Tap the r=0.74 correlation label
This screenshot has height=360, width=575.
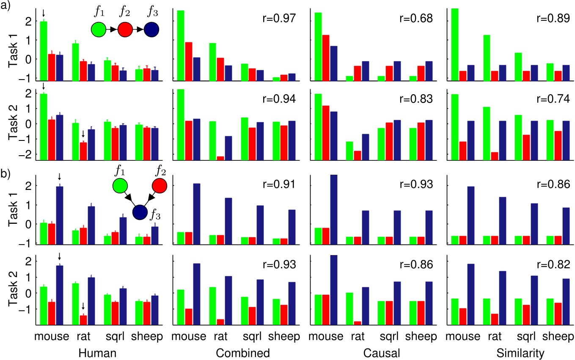[x=553, y=99]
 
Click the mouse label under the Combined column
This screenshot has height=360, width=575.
[x=188, y=337]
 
